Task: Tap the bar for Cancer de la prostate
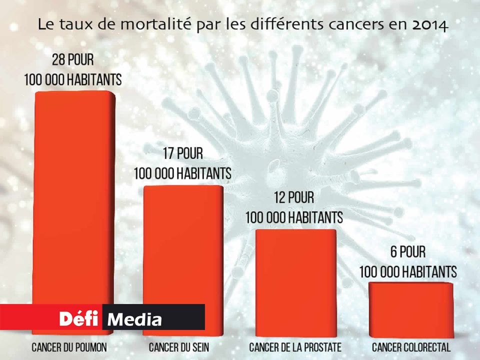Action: (x=295, y=280)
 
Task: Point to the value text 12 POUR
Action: (x=294, y=198)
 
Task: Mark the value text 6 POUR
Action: (x=407, y=252)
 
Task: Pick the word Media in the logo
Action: (x=135, y=318)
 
